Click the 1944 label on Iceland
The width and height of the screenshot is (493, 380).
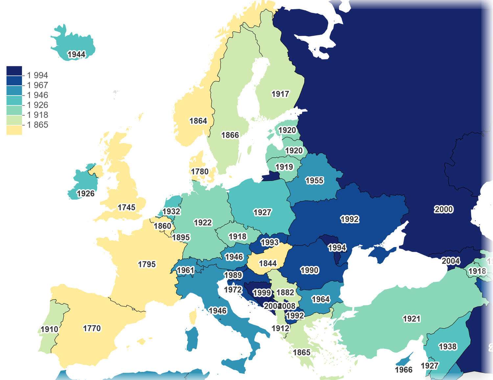[x=77, y=55]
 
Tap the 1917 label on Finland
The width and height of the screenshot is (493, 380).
[x=280, y=94]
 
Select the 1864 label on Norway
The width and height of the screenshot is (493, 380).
[x=198, y=121]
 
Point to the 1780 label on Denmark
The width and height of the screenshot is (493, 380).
[x=200, y=172]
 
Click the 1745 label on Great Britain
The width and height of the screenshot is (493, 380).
[x=127, y=208]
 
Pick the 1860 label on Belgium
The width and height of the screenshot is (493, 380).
[x=162, y=226]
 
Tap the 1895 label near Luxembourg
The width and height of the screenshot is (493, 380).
[x=181, y=237]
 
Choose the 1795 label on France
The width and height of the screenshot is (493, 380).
[x=147, y=264]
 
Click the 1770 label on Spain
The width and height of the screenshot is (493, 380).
[x=92, y=328]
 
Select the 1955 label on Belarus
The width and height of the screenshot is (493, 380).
[x=314, y=181]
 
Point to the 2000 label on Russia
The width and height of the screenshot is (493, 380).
[x=443, y=210]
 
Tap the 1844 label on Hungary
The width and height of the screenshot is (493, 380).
[x=268, y=263]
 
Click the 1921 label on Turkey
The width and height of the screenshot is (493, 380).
[x=411, y=319]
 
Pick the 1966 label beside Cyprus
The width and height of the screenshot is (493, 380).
[x=403, y=370]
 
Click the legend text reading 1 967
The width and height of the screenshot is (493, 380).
[x=37, y=85]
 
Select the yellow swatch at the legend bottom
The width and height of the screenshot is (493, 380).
[x=14, y=130]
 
